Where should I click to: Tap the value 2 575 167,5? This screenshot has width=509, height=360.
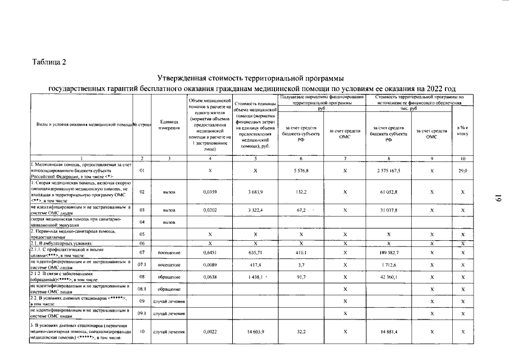[388, 170]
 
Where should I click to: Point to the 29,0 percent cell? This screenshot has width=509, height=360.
[462, 170]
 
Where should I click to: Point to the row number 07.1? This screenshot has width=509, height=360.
[142, 264]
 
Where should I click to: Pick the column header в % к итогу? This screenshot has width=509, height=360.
[462, 130]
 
